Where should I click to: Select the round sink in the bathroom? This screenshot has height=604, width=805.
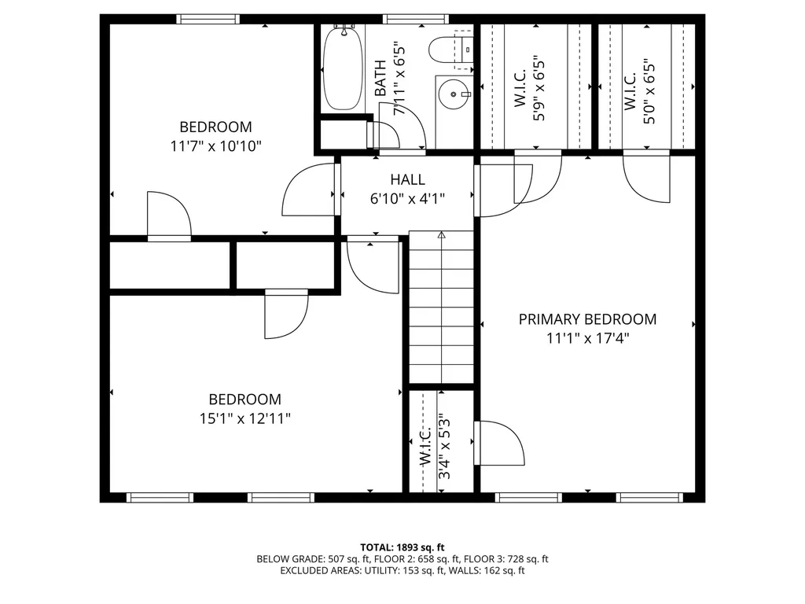452,94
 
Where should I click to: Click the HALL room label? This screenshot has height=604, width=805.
407,180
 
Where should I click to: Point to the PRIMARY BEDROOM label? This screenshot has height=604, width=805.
587,319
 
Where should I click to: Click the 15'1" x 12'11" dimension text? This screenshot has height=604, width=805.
244,418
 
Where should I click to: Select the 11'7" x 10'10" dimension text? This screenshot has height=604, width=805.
215,145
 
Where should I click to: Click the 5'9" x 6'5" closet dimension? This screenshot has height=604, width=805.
539,87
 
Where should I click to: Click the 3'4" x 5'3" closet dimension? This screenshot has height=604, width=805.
446,448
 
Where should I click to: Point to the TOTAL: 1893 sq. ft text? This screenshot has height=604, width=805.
402,547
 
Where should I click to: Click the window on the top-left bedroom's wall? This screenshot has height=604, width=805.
208,20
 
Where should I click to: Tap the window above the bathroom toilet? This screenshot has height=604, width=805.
416,20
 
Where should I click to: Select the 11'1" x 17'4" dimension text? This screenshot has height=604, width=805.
587,339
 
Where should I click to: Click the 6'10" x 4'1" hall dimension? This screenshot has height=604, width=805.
407,199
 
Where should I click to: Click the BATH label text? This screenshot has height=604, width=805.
380,79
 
